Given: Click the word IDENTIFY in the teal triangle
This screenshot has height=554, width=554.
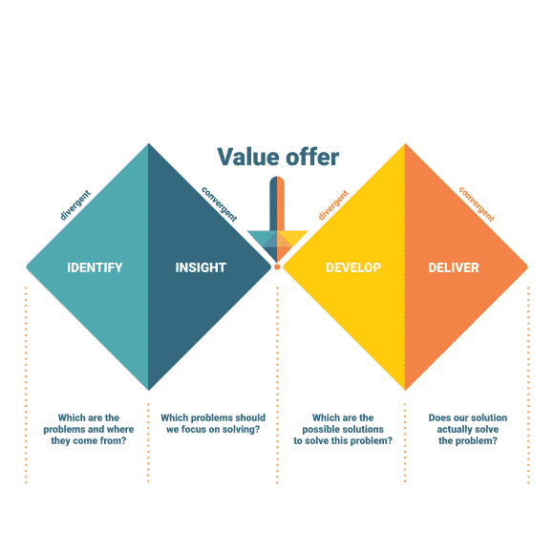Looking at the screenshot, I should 95,267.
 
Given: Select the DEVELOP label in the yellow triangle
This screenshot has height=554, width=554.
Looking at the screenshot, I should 353,267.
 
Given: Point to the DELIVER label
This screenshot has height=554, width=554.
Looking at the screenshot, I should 454,267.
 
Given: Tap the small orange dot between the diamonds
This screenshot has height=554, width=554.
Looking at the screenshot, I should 277,266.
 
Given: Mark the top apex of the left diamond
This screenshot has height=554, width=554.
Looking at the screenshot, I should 149,144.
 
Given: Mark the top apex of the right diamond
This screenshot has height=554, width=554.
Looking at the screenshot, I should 405,144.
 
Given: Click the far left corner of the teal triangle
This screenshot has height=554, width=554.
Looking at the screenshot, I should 28,266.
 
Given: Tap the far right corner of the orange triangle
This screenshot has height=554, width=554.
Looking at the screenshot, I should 526,266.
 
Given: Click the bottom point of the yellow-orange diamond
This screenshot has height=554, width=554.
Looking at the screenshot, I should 405,389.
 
